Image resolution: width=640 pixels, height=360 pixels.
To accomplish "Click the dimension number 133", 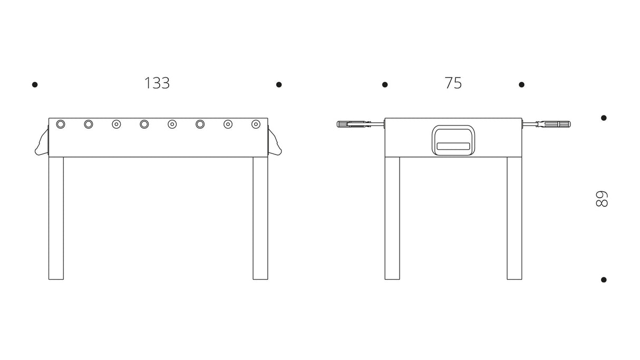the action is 157,83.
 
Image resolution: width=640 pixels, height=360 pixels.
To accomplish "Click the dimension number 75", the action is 453,83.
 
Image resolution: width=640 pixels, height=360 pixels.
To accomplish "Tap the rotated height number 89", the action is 602,199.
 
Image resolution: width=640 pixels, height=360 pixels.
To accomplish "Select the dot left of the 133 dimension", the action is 35,84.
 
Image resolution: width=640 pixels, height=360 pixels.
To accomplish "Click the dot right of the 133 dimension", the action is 279,84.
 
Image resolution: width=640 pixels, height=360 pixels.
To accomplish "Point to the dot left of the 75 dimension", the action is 385,84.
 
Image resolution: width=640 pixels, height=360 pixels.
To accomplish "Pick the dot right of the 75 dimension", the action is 521,84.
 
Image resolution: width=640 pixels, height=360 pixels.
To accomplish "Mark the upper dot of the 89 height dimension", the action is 604,118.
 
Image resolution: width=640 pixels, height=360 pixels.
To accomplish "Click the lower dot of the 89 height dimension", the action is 604,280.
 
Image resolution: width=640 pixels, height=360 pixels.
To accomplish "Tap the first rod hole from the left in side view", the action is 61,124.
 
